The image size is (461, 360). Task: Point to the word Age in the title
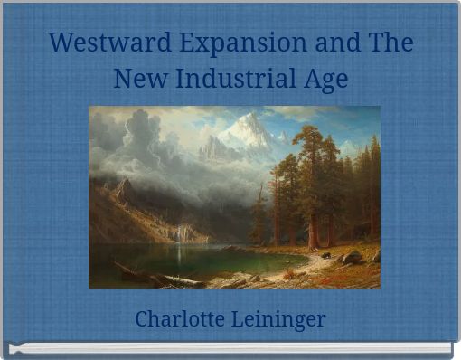pos(327,80)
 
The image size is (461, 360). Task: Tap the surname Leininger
pos(281,319)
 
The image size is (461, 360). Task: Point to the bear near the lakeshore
pos(325,255)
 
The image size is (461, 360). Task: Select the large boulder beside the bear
pos(352,257)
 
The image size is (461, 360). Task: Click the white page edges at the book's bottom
pos(230,347)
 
